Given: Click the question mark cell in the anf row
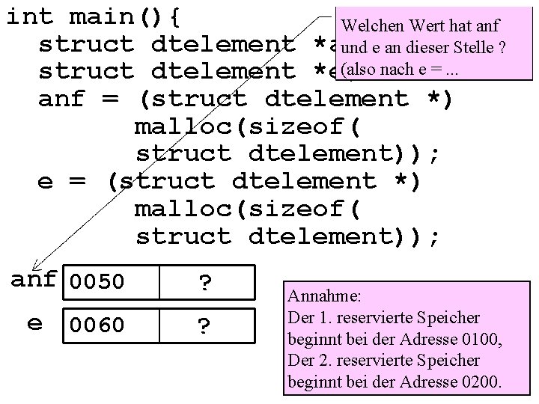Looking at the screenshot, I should click(x=204, y=283).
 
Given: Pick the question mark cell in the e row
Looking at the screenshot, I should click(x=204, y=325).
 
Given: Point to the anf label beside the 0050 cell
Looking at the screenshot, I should click(x=34, y=280).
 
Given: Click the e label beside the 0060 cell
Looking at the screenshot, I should click(x=34, y=323).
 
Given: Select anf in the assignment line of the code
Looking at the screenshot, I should click(x=62, y=99).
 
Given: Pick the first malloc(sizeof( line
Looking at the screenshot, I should click(x=247, y=126).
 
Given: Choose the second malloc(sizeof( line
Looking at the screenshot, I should click(x=247, y=209).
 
